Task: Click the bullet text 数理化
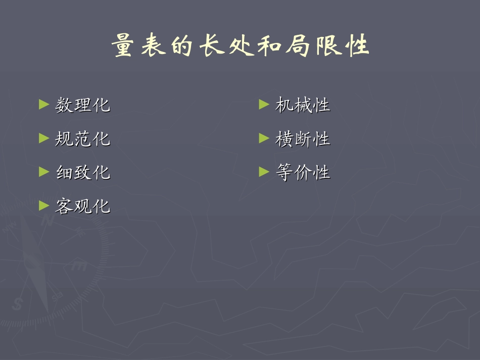pyautogui.click(x=82, y=105)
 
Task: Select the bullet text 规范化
pyautogui.click(x=82, y=138)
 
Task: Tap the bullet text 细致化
pyautogui.click(x=82, y=172)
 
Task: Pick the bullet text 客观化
pyautogui.click(x=82, y=206)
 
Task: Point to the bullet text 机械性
pyautogui.click(x=302, y=105)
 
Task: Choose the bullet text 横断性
pyautogui.click(x=302, y=138)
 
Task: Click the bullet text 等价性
pyautogui.click(x=302, y=172)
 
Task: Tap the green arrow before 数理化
pyautogui.click(x=44, y=105)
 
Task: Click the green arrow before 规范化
pyautogui.click(x=44, y=138)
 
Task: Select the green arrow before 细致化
pyautogui.click(x=44, y=172)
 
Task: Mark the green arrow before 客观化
pyautogui.click(x=44, y=205)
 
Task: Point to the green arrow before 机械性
pyautogui.click(x=264, y=105)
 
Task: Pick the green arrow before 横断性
pyautogui.click(x=264, y=138)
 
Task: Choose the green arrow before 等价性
pyautogui.click(x=264, y=172)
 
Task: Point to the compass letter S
pyautogui.click(x=18, y=303)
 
